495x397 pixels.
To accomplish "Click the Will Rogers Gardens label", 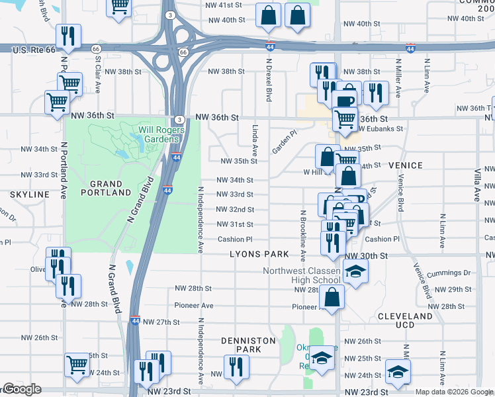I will tap(158, 134).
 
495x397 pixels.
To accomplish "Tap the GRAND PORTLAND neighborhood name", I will tap(106, 188).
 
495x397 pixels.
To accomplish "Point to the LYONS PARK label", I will tap(259, 254).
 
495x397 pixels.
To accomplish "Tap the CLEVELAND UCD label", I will tap(405, 320).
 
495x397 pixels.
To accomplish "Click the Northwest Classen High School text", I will tap(301, 275).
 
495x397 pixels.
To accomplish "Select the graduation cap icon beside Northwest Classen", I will tap(355, 272).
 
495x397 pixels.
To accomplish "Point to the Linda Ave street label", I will tap(254, 140).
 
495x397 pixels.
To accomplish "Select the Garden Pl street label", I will tap(285, 142).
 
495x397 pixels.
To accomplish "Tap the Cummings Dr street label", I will tap(448, 273).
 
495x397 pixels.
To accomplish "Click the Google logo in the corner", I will tap(21, 390).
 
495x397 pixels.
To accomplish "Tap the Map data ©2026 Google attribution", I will tap(453, 392).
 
